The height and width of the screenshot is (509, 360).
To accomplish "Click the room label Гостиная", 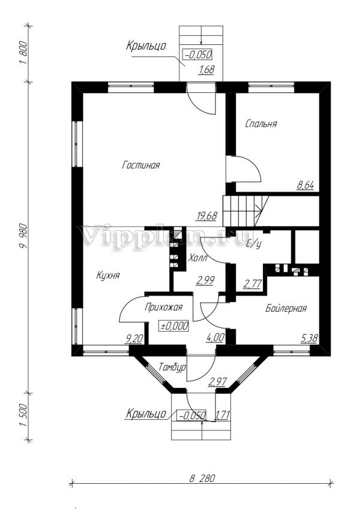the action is [140, 165].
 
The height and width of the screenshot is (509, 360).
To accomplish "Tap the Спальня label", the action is [261, 124].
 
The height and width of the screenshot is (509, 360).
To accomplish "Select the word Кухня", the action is [108, 276].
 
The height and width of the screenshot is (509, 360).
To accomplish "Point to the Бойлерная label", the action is [286, 308].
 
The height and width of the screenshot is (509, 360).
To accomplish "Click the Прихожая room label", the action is [163, 307].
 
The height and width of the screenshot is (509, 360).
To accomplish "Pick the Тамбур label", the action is [172, 367].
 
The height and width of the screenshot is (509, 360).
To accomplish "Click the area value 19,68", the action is [206, 216].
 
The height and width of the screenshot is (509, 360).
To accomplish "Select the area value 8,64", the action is [305, 185].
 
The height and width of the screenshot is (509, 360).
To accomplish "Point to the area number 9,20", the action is [134, 339].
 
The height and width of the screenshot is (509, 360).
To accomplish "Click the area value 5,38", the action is [309, 339].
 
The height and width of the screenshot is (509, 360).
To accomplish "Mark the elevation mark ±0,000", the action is [174, 326].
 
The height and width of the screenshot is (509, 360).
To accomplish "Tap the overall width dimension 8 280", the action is [202, 478].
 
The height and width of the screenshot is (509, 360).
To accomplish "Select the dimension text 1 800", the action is [24, 53].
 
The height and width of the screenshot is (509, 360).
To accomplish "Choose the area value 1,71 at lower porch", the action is [223, 415].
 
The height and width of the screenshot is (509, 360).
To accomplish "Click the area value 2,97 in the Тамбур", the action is [218, 382].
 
